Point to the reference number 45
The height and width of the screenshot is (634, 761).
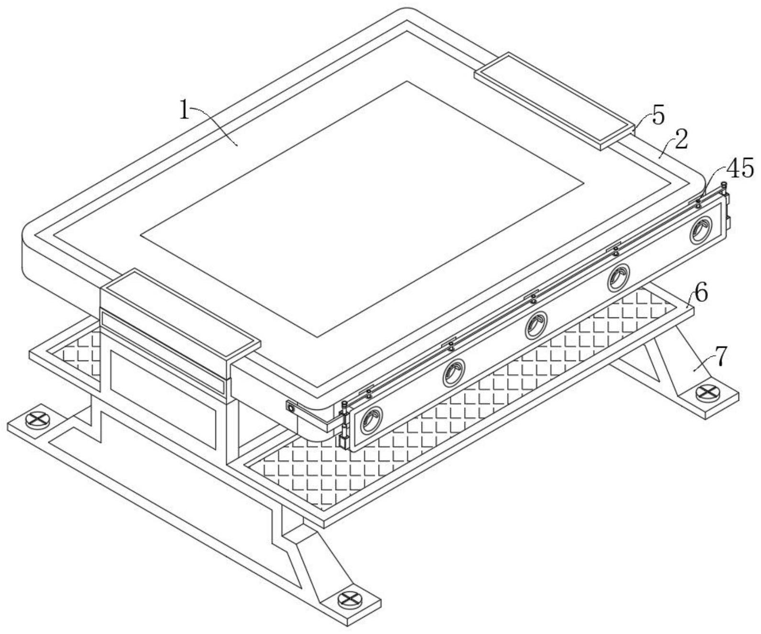739,169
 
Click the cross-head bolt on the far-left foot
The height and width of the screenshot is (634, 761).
37,420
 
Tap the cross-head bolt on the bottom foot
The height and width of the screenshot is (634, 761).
349,599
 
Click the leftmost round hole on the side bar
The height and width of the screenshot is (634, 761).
371,420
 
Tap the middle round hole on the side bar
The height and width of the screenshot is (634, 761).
536,325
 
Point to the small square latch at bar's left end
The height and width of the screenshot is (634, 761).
291,408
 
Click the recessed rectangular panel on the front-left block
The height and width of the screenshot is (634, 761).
163,397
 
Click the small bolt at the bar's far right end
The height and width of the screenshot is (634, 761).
724,185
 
